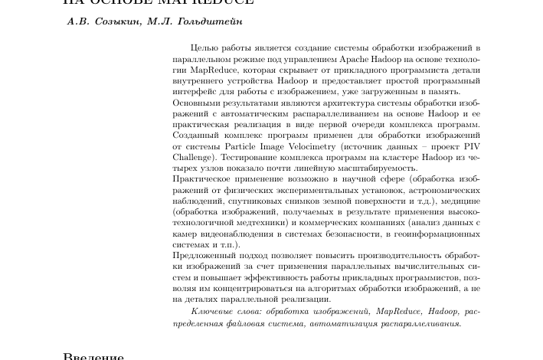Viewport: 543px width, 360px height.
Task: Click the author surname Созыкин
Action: click(119, 21)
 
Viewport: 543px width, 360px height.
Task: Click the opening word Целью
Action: click(204, 48)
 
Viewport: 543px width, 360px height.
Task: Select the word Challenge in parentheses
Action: click(193, 157)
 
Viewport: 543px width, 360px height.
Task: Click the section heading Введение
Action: click(93, 356)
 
